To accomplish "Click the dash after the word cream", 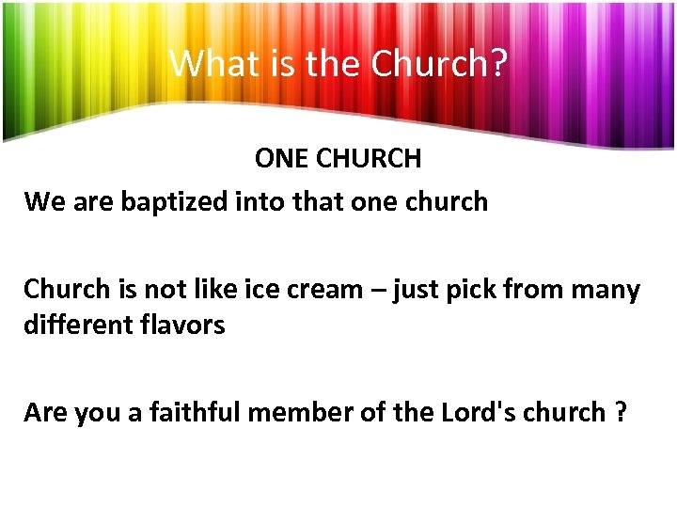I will tap(380, 290).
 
